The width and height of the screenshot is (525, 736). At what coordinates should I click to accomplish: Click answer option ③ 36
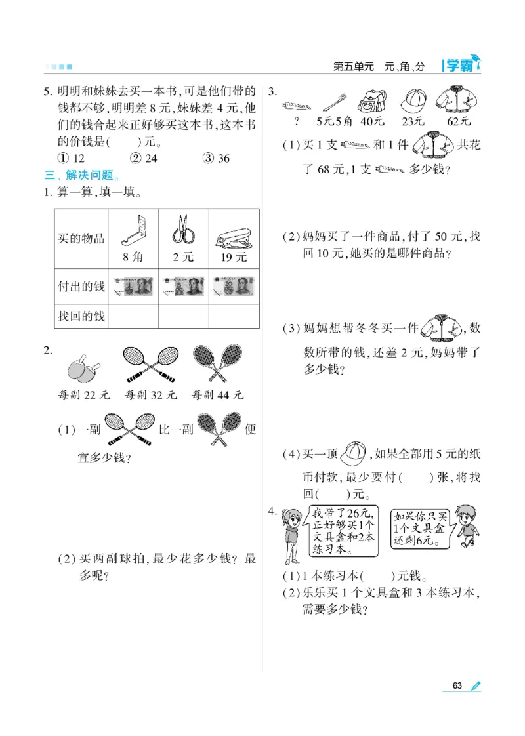216,158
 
